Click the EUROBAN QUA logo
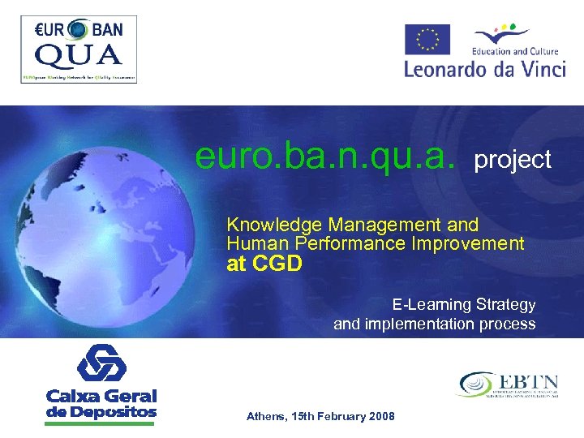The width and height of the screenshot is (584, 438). [x=79, y=49]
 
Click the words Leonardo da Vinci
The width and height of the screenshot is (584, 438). [x=484, y=68]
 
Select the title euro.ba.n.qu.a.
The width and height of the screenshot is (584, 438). [x=325, y=156]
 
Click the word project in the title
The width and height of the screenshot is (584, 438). [x=513, y=160]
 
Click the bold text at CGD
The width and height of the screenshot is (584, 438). [x=264, y=264]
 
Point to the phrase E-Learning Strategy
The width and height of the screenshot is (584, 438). [x=464, y=305]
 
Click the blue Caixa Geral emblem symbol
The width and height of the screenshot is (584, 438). [x=101, y=363]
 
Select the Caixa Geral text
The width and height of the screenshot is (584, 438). [x=101, y=397]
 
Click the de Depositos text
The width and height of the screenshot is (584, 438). [x=101, y=412]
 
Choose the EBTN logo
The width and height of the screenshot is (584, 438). [x=509, y=384]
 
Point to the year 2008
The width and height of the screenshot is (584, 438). [x=381, y=416]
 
